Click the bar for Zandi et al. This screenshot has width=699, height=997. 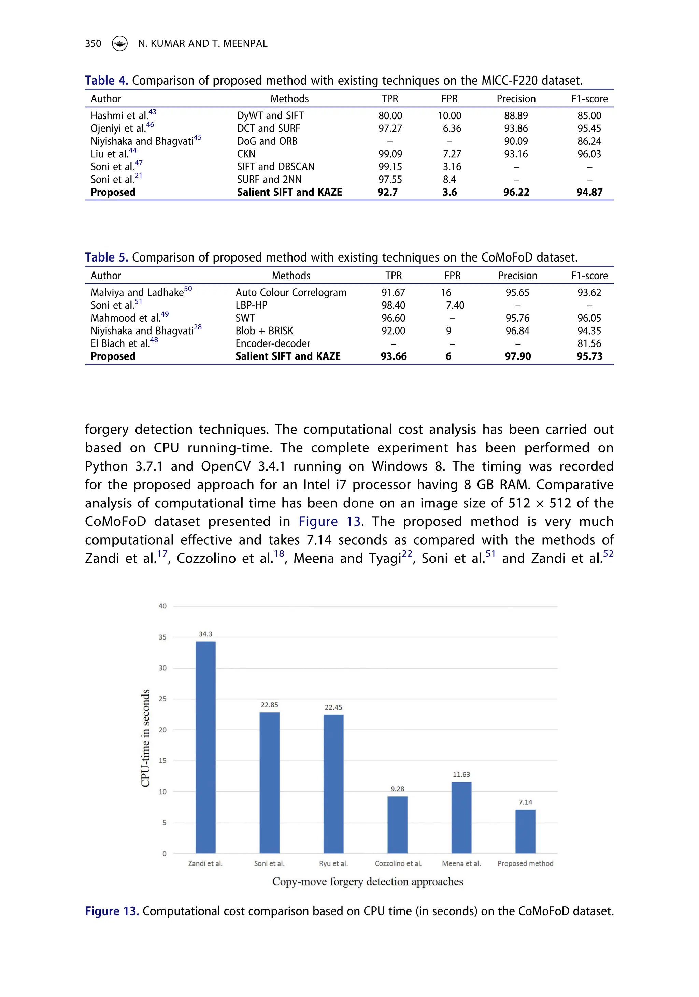[205, 747]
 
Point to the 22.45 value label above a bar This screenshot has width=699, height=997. [333, 707]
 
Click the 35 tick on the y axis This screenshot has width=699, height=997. [162, 637]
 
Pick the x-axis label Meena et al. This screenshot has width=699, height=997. [461, 863]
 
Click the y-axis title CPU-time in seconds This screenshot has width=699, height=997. [145, 738]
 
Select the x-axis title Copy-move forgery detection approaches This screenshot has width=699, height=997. [367, 882]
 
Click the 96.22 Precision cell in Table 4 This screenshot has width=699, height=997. [516, 192]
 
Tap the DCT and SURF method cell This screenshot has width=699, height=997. [268, 128]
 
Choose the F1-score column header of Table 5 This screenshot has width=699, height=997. [589, 276]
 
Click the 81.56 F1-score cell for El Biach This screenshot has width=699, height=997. [589, 343]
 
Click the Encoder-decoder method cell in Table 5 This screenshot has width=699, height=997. [273, 343]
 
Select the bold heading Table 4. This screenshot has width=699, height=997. [106, 81]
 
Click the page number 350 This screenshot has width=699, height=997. [93, 43]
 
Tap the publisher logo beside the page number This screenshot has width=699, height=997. [120, 43]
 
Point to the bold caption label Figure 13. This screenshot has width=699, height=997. [112, 911]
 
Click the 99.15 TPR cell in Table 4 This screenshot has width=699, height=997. [390, 167]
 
